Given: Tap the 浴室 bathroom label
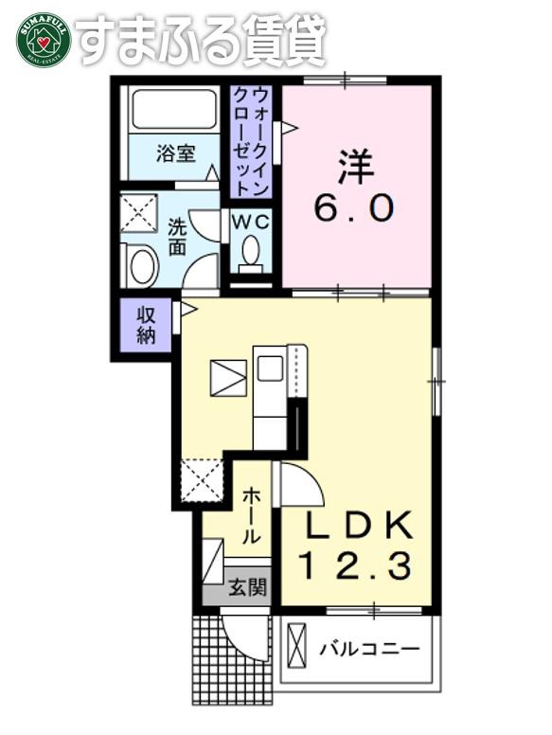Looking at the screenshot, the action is [x=176, y=153].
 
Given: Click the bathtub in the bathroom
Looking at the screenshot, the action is [x=174, y=110].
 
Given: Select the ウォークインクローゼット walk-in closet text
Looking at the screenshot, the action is [x=251, y=140].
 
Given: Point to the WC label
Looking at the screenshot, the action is [x=251, y=223].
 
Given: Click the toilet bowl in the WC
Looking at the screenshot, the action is [x=251, y=253].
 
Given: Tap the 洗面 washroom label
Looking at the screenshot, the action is [x=178, y=237].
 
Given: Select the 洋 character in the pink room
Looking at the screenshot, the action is [x=355, y=167].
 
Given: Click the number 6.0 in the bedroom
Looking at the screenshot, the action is [x=353, y=208].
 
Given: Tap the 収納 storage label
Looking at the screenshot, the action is [x=146, y=325].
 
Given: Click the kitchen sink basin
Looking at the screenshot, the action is [x=270, y=367].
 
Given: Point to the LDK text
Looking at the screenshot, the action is [x=359, y=525].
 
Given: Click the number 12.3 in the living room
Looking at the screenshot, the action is [x=355, y=565].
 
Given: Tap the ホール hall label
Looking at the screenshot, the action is [x=252, y=515].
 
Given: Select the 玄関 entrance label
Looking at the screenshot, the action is [x=248, y=587].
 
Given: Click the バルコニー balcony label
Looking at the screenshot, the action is [x=369, y=649].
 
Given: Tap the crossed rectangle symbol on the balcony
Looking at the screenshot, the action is [x=296, y=645].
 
